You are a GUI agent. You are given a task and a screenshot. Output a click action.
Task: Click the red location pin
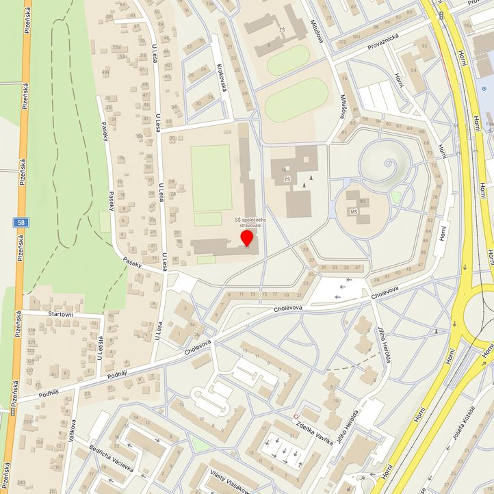[x=247, y=238]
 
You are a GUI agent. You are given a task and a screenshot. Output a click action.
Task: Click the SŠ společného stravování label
[x=249, y=222]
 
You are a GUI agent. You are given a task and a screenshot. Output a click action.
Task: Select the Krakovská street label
[x=221, y=78]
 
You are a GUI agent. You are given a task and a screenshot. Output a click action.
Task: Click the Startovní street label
[x=47, y=313]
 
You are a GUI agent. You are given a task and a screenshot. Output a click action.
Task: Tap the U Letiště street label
[x=101, y=348]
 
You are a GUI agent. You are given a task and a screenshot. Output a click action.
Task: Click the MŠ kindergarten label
[x=354, y=213]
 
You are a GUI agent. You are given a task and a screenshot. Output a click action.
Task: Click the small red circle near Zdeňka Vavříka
[x=296, y=416]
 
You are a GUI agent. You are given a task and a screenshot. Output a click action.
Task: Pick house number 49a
[x=105, y=70]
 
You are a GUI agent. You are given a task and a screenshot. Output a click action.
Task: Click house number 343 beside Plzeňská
[x=22, y=483]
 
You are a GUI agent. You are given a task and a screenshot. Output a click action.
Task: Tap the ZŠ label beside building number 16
[x=287, y=179]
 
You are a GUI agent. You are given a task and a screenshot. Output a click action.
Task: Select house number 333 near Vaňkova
[x=27, y=421]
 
